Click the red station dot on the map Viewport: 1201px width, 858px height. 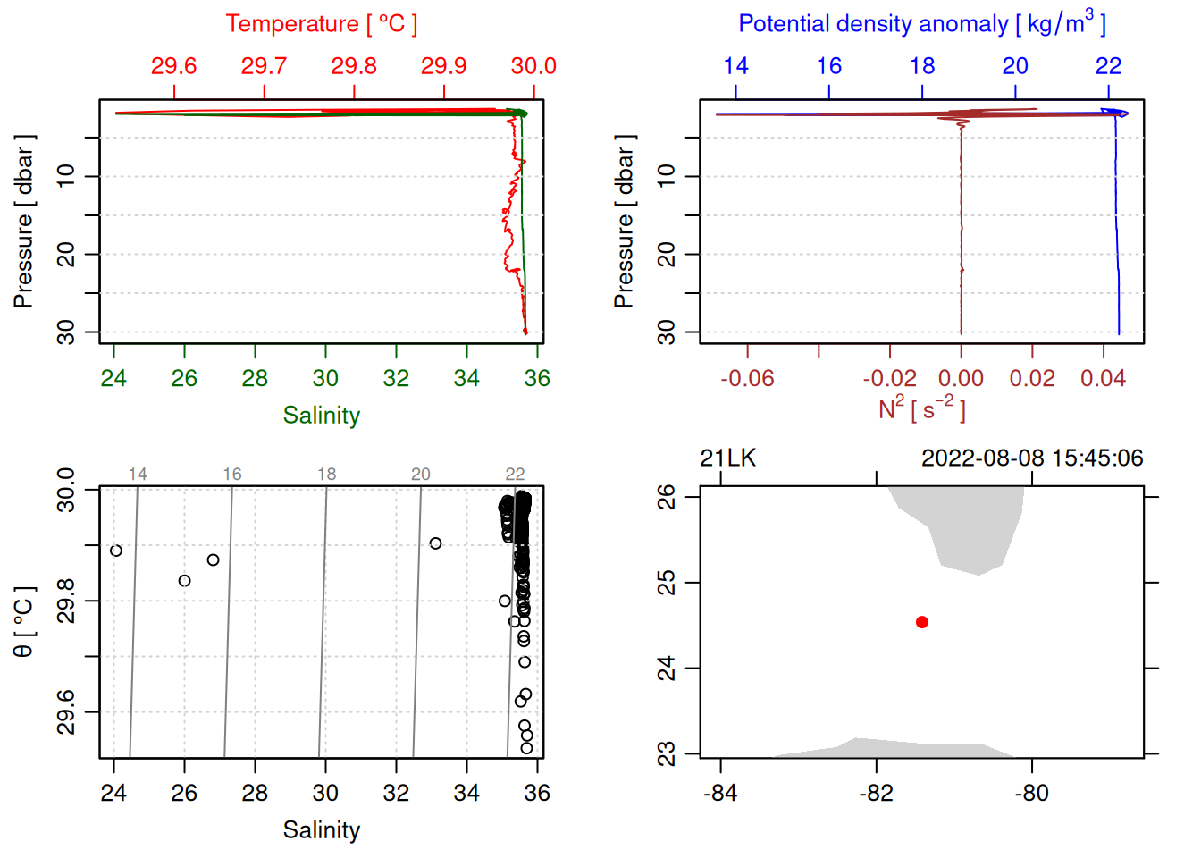pyautogui.click(x=921, y=622)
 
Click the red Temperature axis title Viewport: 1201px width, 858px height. pyautogui.click(x=321, y=24)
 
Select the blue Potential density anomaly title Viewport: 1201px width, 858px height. pyautogui.click(x=921, y=24)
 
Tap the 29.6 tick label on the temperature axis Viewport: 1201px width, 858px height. pyautogui.click(x=173, y=66)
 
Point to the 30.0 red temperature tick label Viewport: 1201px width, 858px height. pyautogui.click(x=533, y=66)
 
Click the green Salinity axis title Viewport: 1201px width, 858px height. pyautogui.click(x=321, y=416)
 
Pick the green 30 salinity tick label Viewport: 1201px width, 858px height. pyautogui.click(x=325, y=379)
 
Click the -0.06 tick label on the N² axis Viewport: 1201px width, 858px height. pyautogui.click(x=747, y=379)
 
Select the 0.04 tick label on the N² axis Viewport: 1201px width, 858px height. pyautogui.click(x=1103, y=379)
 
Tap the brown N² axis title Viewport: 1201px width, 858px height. pyautogui.click(x=921, y=409)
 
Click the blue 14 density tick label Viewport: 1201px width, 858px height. pyautogui.click(x=735, y=66)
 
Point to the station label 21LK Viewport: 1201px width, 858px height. pyautogui.click(x=727, y=458)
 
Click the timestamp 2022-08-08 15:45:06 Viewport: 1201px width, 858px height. pyautogui.click(x=1032, y=458)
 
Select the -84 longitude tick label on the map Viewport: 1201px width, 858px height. pyautogui.click(x=720, y=794)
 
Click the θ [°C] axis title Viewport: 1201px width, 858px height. pyautogui.click(x=24, y=622)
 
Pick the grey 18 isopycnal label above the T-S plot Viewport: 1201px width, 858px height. pyautogui.click(x=326, y=474)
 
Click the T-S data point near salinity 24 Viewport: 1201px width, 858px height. pyautogui.click(x=116, y=551)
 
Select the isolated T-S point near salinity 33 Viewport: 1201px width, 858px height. pyautogui.click(x=435, y=543)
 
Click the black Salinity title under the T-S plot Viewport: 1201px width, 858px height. pyautogui.click(x=321, y=830)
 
